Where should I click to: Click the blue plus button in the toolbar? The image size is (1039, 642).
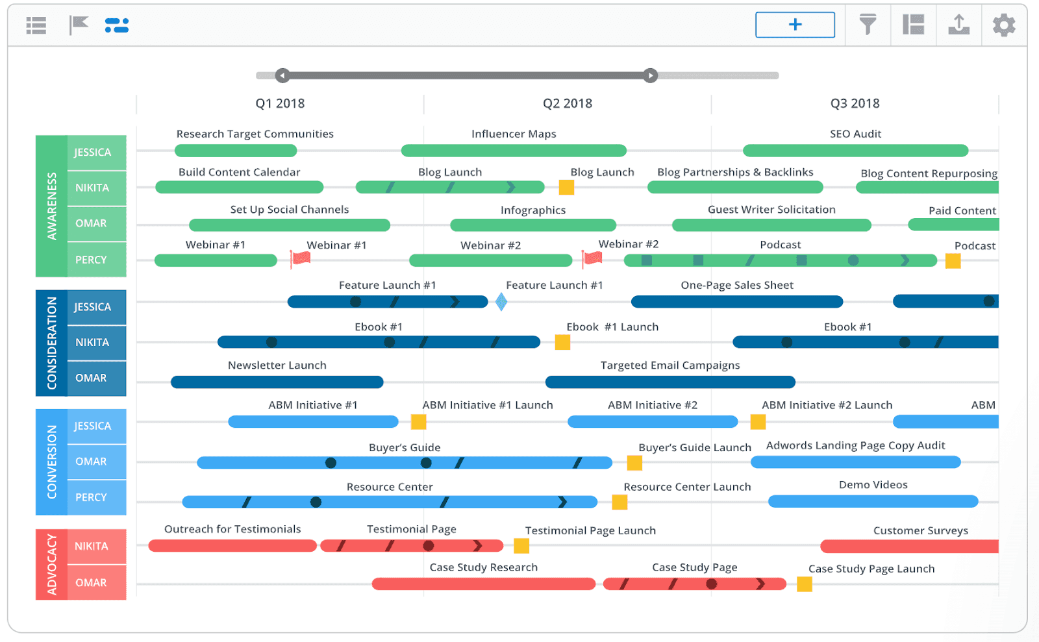[795, 25]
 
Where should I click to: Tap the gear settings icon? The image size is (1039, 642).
[1003, 25]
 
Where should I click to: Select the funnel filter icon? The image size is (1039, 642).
[868, 25]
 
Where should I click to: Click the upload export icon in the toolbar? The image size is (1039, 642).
[958, 25]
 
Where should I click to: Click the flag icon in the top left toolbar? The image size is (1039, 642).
[79, 25]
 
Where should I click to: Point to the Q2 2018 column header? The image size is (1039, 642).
[568, 103]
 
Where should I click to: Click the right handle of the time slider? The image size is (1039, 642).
[650, 75]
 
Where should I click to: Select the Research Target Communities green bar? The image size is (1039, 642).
[236, 151]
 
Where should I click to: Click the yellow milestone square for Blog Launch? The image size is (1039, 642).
[566, 188]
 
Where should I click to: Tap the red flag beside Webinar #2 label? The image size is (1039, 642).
[592, 259]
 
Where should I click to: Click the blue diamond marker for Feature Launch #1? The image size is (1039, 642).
[501, 302]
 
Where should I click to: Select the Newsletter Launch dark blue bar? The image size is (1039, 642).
[277, 382]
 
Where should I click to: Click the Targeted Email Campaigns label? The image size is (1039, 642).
[670, 365]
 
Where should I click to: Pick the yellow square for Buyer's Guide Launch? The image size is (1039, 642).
[634, 463]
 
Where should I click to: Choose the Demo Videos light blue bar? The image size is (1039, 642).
[873, 501]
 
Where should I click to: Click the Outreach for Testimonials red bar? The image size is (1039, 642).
[232, 546]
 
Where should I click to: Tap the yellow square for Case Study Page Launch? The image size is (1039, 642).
[804, 584]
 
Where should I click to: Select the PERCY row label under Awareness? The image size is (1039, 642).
[91, 260]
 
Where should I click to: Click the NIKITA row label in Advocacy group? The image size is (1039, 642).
[91, 547]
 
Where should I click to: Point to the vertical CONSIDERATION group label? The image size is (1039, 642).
[51, 343]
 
